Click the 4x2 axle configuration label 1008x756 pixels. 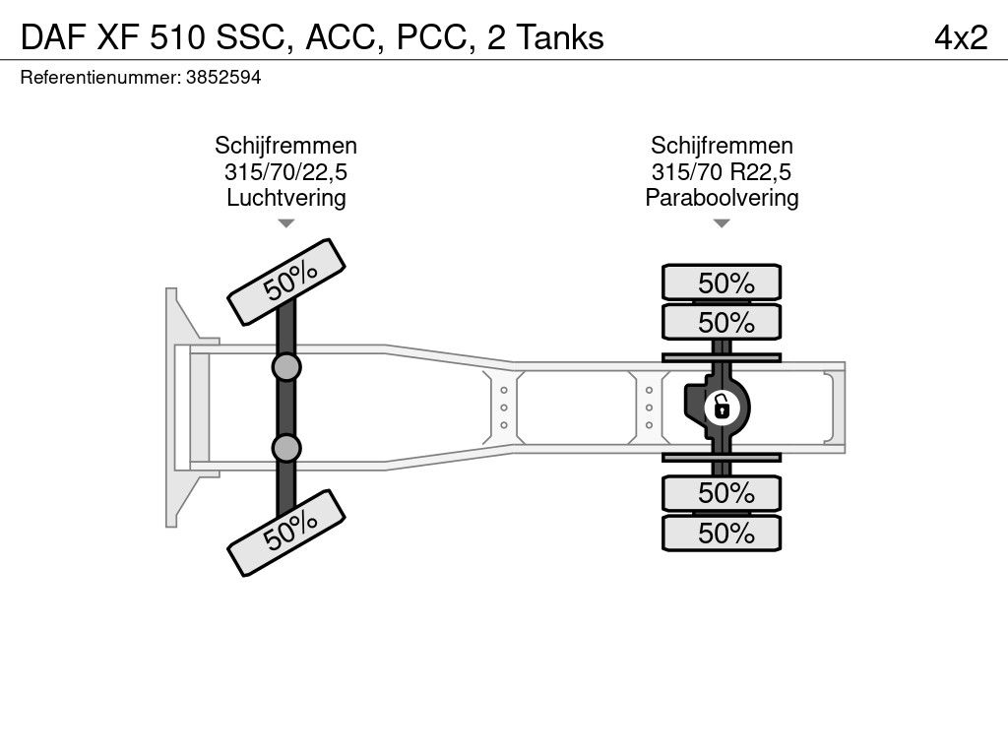[961, 37]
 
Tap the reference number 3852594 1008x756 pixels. [223, 78]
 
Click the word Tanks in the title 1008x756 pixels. [560, 37]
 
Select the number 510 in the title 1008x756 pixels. [178, 37]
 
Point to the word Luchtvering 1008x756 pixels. [286, 197]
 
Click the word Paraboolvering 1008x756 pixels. [722, 197]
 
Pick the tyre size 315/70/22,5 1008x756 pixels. [286, 171]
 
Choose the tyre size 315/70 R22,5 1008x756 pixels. [722, 171]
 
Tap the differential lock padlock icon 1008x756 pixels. [722, 408]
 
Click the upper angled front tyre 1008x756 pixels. [286, 283]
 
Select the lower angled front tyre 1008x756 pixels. [286, 533]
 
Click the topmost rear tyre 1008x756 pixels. [722, 283]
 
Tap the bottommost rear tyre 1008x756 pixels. [722, 533]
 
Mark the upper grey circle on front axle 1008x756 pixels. [286, 368]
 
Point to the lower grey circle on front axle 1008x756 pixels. [286, 448]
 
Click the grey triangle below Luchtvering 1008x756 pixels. [286, 223]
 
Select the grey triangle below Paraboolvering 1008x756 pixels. [722, 223]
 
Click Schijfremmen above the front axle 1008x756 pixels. [286, 146]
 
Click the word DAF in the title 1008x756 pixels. [53, 37]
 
